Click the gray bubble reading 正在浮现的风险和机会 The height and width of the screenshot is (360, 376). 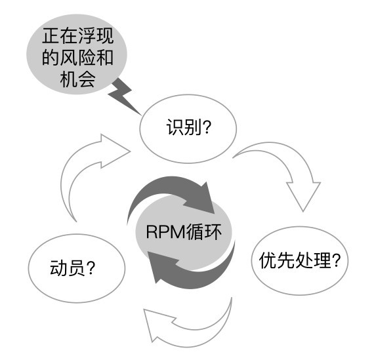point(77,54)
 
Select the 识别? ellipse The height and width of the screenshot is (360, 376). point(188,129)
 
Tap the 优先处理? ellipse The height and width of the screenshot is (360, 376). point(300,261)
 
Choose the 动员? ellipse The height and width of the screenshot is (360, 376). point(77,268)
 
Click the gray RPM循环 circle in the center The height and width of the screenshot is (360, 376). point(184,233)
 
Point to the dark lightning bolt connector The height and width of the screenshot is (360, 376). point(123,96)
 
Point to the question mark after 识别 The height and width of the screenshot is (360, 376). point(207,127)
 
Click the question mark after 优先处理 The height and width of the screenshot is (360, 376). point(336,260)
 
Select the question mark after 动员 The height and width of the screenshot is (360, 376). point(91,268)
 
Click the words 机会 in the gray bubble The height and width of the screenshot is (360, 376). point(77,79)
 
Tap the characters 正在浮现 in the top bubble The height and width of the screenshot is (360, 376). point(77,36)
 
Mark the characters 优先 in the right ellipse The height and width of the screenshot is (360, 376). point(277,260)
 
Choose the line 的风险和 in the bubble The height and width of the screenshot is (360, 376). point(77,58)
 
